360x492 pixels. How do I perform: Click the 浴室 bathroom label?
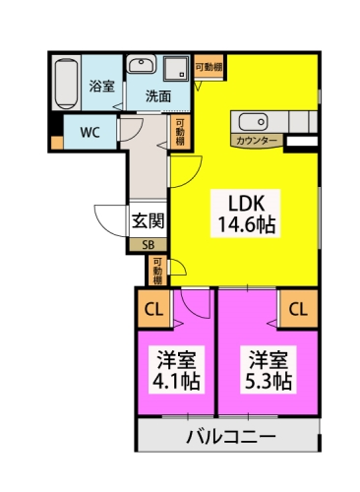pyautogui.click(x=102, y=86)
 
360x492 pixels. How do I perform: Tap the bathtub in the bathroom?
pyautogui.click(x=68, y=86)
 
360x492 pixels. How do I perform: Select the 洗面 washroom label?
pyautogui.click(x=159, y=96)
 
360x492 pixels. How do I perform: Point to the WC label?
pyautogui.click(x=90, y=132)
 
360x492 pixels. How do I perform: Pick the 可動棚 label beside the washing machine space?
pyautogui.click(x=207, y=67)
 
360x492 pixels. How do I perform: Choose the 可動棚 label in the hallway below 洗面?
pyautogui.click(x=180, y=132)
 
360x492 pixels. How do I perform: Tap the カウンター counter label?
pyautogui.click(x=258, y=142)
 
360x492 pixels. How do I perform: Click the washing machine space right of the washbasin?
pyautogui.click(x=176, y=70)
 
